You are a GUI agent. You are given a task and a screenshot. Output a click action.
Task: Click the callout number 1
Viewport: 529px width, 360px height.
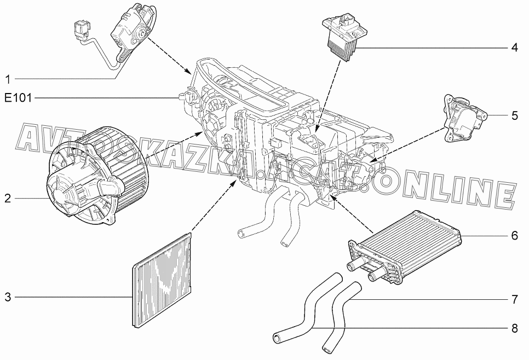coord(8,79)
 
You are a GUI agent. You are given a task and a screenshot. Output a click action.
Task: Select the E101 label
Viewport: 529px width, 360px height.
coord(18,98)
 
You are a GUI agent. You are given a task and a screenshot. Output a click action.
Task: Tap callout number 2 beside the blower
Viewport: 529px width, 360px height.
coord(8,198)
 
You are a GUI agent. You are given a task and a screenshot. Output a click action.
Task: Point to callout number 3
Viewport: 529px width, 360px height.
coord(8,297)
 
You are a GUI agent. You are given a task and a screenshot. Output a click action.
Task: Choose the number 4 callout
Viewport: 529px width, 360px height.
coord(515,48)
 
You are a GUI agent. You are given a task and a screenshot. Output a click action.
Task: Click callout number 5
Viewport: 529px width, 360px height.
coord(515,115)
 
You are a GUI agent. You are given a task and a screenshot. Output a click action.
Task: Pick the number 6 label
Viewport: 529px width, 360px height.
coord(515,235)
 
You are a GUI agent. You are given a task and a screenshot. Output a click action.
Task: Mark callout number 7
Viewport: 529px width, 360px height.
coord(515,299)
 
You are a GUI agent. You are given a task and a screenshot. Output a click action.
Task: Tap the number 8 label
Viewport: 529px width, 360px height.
coord(515,328)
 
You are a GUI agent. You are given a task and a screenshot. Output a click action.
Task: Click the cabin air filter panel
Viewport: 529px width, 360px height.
coord(162,280)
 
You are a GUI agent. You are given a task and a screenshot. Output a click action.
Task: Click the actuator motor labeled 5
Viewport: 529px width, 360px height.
coord(465,119)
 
